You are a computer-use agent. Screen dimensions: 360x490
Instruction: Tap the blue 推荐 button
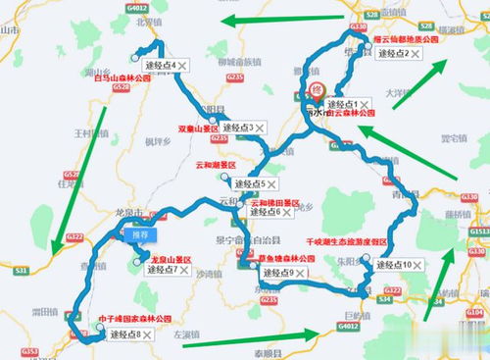coord(140,235)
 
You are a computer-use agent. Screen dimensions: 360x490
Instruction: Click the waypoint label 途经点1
coord(342,104)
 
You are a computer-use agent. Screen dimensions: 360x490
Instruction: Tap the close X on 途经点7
coord(198,270)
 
